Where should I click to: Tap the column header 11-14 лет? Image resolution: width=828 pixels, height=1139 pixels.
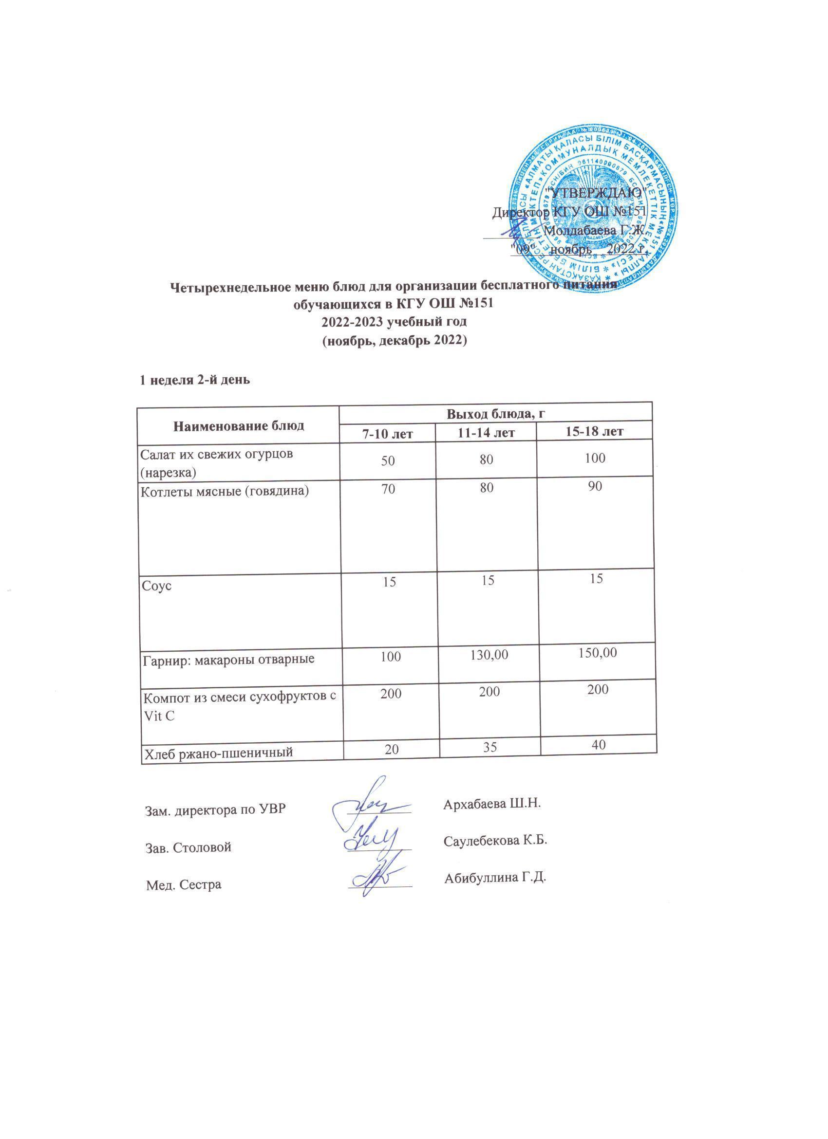(x=486, y=432)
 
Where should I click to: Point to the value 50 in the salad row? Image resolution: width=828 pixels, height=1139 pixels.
(x=387, y=459)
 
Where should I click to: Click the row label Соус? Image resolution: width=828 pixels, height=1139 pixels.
(x=157, y=586)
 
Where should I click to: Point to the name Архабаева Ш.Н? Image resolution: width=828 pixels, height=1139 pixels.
(x=492, y=803)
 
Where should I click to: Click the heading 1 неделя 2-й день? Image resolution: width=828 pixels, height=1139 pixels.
(x=194, y=380)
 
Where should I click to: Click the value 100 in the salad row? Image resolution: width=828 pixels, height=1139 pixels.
(x=595, y=458)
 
